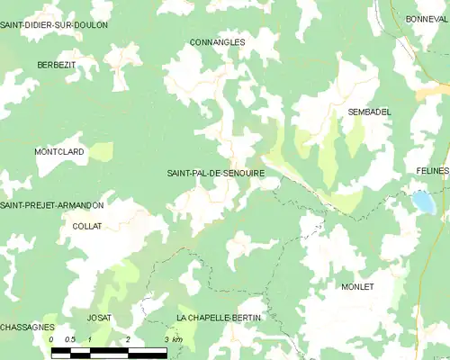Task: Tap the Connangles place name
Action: [217, 42]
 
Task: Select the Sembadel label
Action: [369, 112]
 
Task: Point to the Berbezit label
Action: [56, 66]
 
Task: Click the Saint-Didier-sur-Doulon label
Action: [54, 25]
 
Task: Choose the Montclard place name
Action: [59, 152]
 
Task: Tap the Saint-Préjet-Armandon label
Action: [52, 206]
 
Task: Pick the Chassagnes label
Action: [27, 327]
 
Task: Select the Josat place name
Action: [99, 319]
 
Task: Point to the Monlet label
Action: [357, 286]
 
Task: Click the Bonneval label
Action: [427, 19]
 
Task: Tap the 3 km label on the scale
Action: [173, 339]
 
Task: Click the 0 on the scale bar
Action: [51, 339]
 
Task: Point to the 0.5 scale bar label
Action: [70, 339]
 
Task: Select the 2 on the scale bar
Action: [129, 339]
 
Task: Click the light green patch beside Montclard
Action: [101, 151]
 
